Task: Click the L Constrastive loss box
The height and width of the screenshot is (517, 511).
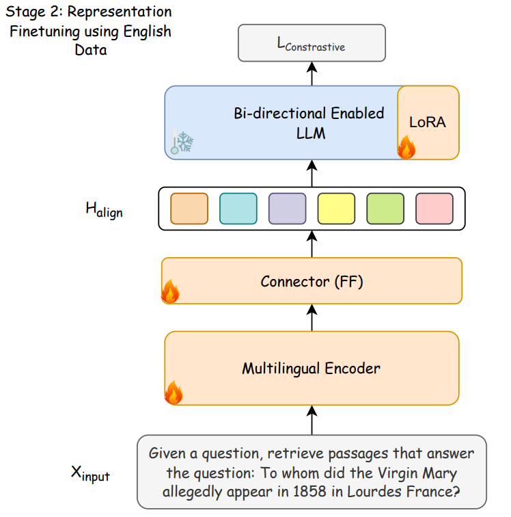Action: tap(312, 43)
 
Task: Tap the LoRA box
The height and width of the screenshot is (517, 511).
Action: tap(428, 122)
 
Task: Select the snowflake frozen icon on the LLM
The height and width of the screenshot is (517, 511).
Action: tap(182, 142)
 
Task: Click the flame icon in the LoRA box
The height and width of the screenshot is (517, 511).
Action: tap(406, 147)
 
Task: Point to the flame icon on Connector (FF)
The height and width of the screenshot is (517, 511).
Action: tap(170, 291)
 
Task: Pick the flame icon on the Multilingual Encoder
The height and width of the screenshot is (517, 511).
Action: tap(174, 393)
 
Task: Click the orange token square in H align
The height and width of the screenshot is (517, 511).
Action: tap(189, 209)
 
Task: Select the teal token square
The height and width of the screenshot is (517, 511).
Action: tap(238, 209)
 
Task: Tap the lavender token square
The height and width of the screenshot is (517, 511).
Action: tap(288, 209)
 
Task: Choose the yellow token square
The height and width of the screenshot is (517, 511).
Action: tap(336, 209)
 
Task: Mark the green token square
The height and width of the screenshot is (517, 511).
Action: tap(385, 209)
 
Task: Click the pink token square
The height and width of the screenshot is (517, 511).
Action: tap(434, 209)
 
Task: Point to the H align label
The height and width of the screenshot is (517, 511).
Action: tap(104, 210)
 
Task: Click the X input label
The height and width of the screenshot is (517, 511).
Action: tap(90, 474)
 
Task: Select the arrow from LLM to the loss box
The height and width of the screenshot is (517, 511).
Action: tap(312, 74)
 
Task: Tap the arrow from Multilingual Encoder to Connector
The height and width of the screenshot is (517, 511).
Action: tap(312, 317)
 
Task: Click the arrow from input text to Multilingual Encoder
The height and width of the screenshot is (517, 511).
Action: tap(312, 420)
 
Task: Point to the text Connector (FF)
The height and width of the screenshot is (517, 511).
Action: tap(312, 282)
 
